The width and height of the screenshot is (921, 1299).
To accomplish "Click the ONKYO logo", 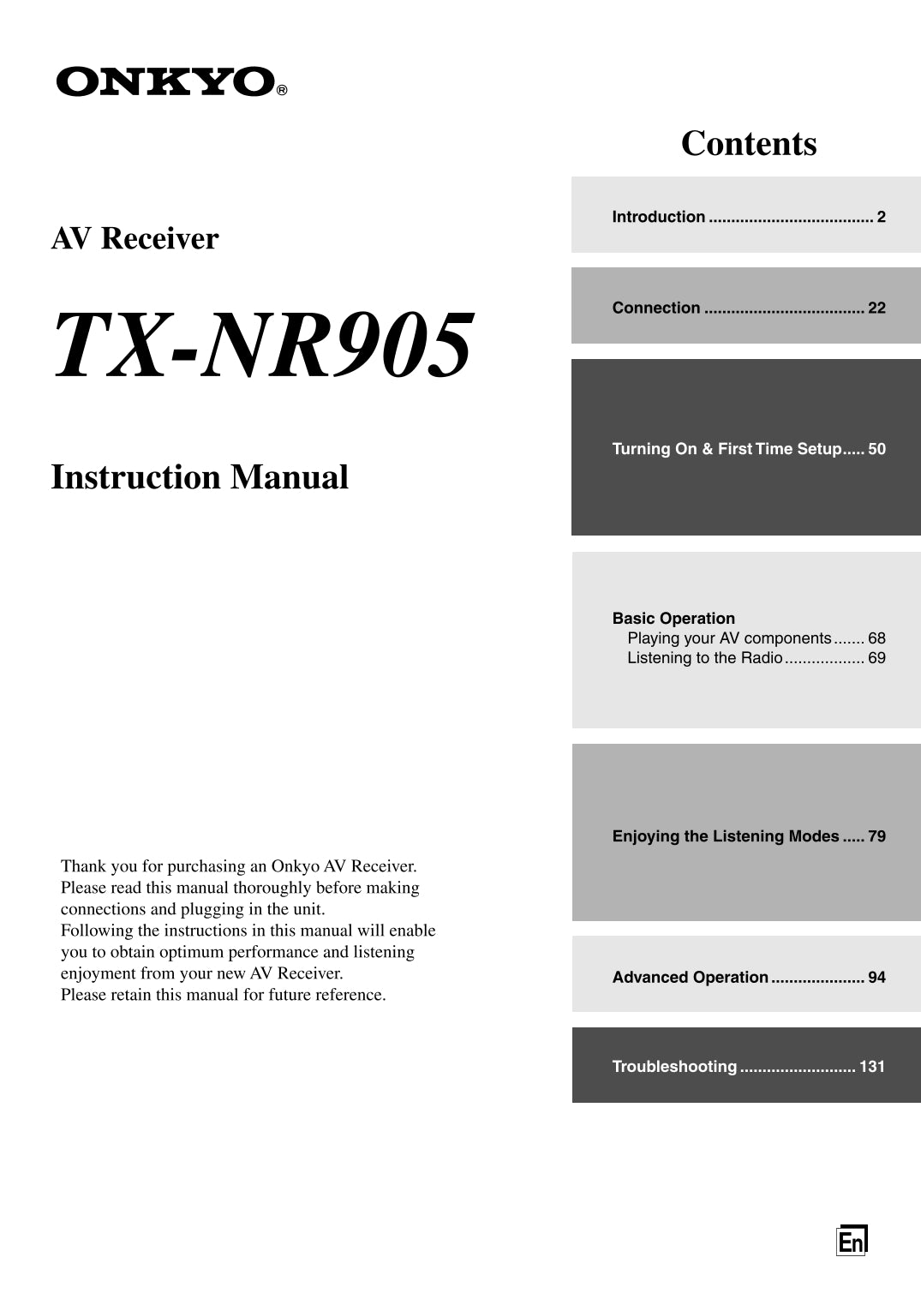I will tap(165, 82).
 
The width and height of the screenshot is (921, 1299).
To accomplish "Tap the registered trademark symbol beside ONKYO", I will tap(282, 90).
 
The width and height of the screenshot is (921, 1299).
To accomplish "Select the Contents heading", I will tap(749, 143).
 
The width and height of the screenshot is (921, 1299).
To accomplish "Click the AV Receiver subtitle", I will tap(135, 238).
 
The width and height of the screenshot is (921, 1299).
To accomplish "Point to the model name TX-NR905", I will tap(261, 344).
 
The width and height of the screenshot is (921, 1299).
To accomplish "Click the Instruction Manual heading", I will tap(200, 477).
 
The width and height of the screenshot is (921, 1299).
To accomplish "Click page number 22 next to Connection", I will tap(876, 308).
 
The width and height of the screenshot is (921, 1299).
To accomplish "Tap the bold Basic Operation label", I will tap(673, 619).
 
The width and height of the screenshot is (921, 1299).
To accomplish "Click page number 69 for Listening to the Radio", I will tap(876, 658).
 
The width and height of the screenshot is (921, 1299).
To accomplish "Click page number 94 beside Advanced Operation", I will tap(876, 977).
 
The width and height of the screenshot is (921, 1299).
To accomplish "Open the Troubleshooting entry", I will tap(674, 1067).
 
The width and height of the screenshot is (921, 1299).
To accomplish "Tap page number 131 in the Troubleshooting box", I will tap(872, 1067).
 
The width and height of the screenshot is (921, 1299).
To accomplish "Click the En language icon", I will tap(852, 1240).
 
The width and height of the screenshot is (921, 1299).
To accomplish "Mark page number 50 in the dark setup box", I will tap(876, 449).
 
